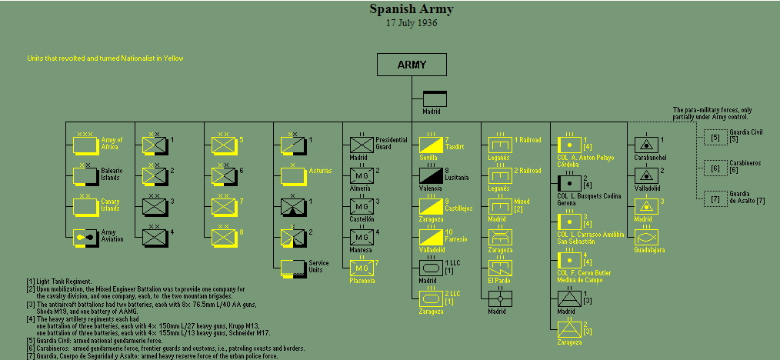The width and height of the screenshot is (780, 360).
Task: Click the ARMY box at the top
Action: [412, 65]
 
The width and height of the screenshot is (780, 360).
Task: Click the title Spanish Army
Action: [412, 9]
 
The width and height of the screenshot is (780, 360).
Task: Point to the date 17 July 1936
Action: [412, 23]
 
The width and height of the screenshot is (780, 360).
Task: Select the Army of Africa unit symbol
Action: [84, 145]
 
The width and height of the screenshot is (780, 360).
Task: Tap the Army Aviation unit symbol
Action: [84, 237]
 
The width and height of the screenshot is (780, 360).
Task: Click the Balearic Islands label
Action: [112, 175]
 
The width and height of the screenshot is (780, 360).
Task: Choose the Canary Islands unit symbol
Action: [84, 206]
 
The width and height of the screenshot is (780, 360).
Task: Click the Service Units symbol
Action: [292, 268]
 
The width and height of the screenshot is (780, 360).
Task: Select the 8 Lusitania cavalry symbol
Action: [430, 175]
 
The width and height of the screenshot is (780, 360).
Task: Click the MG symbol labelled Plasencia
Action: [361, 268]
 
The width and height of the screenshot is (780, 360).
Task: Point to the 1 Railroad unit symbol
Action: [499, 145]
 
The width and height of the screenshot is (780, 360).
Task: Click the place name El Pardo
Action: [498, 281]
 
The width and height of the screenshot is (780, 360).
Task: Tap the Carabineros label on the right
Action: [745, 163]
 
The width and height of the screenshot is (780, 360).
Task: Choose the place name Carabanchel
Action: [650, 158]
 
